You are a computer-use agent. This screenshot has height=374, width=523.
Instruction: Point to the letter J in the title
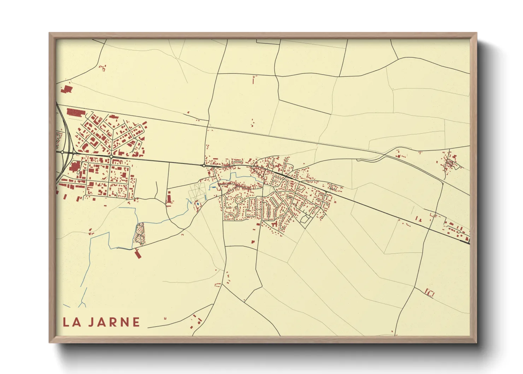(x=91, y=322)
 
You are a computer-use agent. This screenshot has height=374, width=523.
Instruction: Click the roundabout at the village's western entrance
(x=204, y=165)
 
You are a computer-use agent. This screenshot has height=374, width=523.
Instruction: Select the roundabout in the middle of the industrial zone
(x=111, y=156)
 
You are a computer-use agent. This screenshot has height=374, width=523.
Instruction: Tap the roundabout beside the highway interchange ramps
(x=62, y=152)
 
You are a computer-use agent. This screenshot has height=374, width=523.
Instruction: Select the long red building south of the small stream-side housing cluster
(x=137, y=253)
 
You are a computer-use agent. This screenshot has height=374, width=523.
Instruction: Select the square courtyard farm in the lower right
(x=430, y=293)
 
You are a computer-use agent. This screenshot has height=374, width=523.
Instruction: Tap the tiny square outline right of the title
(x=165, y=318)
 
